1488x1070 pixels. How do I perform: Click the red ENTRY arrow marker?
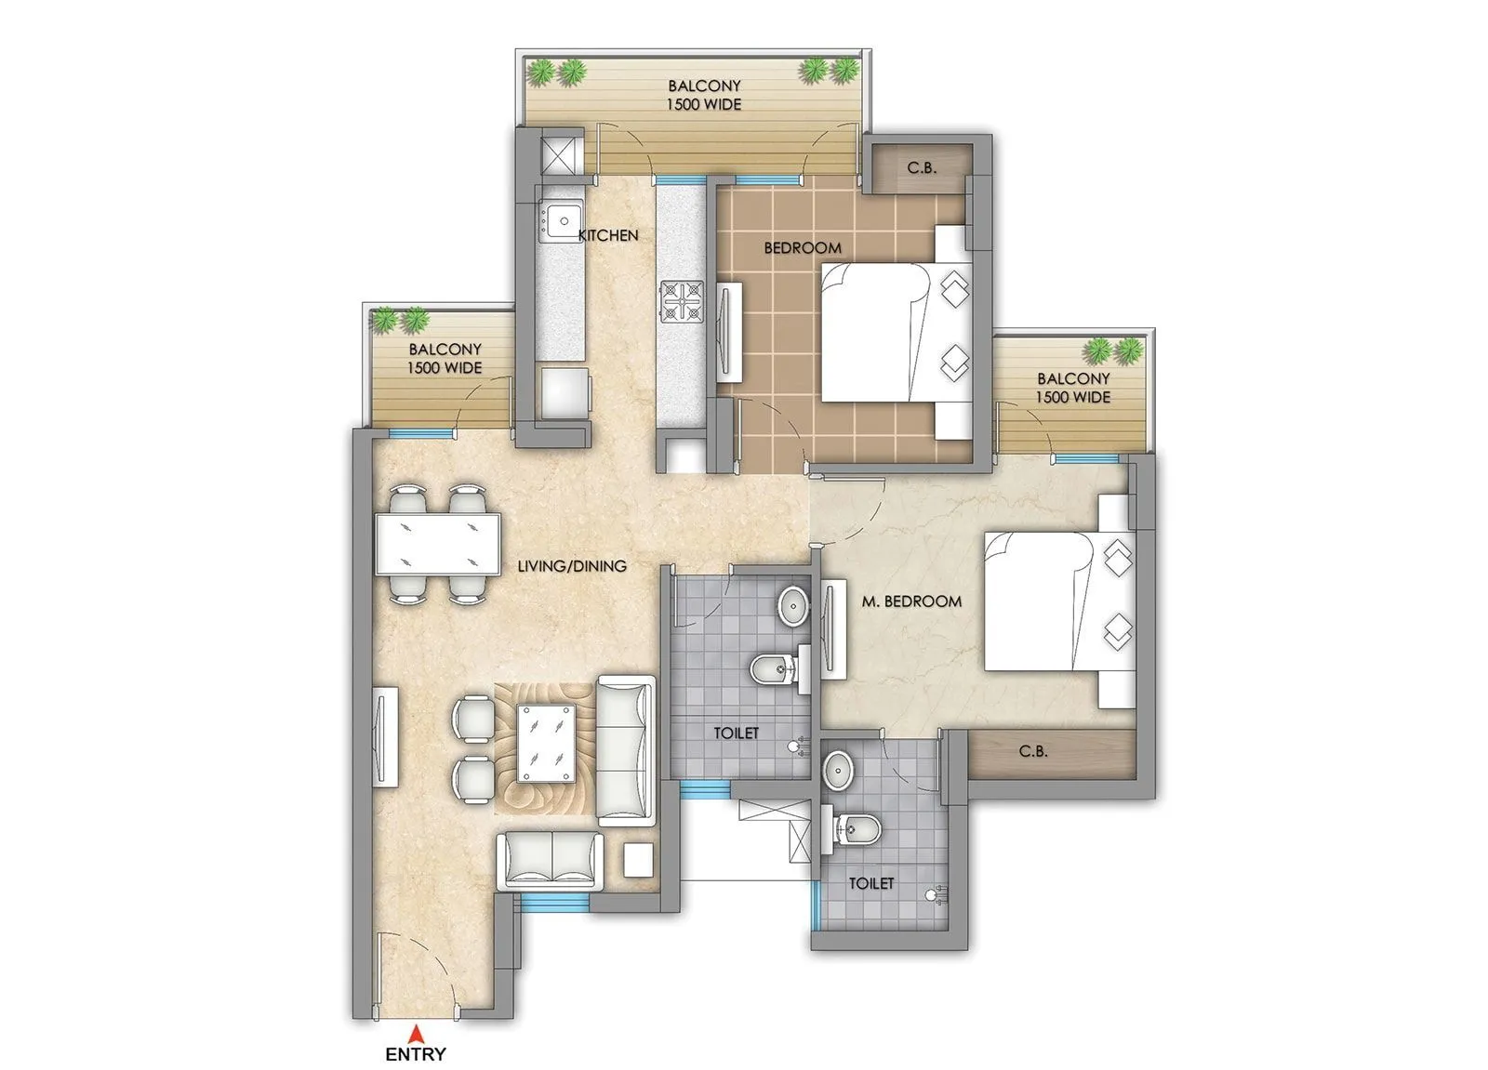[418, 1034]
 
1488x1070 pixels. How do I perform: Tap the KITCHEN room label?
[608, 236]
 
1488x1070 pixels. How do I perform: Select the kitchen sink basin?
[562, 222]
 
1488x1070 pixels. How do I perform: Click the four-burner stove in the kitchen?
[684, 301]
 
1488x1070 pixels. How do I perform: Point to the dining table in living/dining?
[437, 543]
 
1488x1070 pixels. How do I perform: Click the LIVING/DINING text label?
[571, 565]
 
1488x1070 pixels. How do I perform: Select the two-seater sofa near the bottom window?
[550, 860]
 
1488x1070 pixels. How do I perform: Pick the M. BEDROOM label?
[910, 601]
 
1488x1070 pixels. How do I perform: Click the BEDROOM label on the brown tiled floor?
[802, 248]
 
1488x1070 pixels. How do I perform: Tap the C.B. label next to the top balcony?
[921, 168]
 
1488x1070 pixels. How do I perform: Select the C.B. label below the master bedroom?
[1033, 751]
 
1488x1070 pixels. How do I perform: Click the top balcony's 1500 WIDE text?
[704, 105]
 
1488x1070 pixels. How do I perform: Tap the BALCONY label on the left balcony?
[445, 350]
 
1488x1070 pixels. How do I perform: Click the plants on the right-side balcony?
[1113, 350]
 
